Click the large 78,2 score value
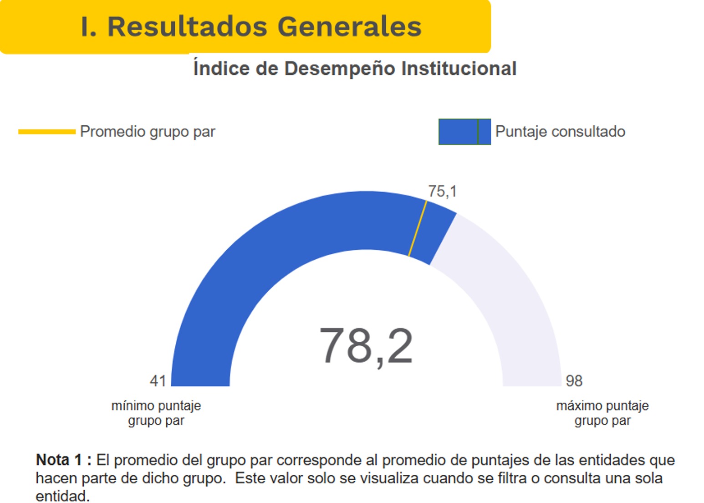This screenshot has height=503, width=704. click(366, 346)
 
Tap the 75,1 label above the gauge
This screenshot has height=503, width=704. click(442, 191)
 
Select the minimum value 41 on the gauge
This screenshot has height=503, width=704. click(158, 380)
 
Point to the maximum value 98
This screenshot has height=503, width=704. click(574, 380)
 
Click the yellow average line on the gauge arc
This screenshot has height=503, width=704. click(418, 228)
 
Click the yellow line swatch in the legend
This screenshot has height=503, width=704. click(47, 132)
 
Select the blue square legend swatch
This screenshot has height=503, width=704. click(464, 132)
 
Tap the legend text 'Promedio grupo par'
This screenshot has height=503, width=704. click(148, 132)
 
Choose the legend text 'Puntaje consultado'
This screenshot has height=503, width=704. click(560, 132)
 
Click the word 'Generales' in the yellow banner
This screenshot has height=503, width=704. click(349, 26)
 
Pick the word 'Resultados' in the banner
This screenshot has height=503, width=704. click(187, 26)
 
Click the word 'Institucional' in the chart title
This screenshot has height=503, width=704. click(459, 69)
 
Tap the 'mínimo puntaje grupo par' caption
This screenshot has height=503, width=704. click(156, 413)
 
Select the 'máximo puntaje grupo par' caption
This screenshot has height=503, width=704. click(602, 413)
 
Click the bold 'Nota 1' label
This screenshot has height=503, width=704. click(59, 460)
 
